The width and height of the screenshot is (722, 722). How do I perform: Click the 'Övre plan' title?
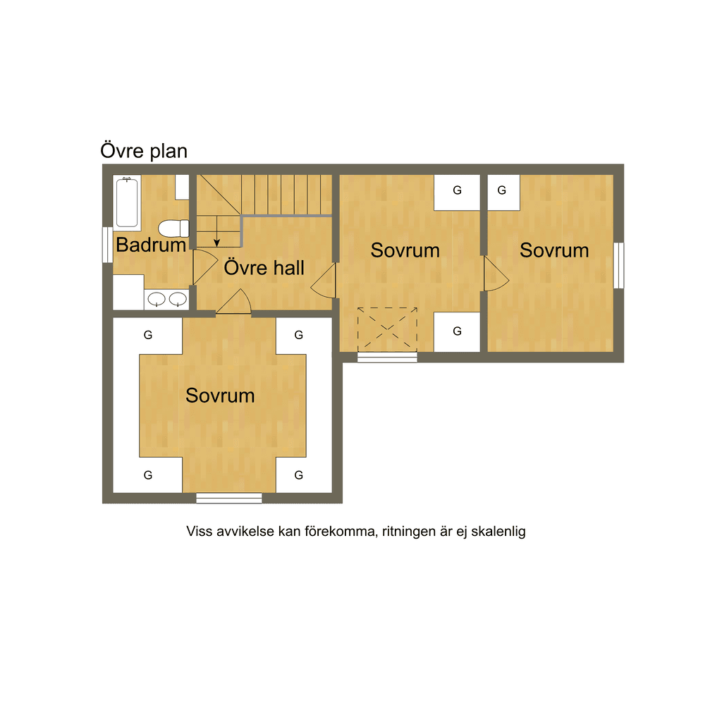pyautogui.click(x=144, y=151)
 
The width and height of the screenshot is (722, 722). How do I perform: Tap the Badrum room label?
pyautogui.click(x=151, y=245)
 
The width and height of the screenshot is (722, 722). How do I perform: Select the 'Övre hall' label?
pyautogui.click(x=264, y=267)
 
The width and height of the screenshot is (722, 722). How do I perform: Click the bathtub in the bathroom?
pyautogui.click(x=127, y=202)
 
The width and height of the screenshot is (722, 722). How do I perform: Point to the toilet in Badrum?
pyautogui.click(x=173, y=228)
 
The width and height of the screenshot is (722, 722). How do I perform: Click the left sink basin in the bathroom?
pyautogui.click(x=157, y=299)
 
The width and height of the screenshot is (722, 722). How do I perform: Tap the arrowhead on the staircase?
pyautogui.click(x=217, y=243)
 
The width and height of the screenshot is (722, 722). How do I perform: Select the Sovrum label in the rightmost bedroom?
pyautogui.click(x=554, y=250)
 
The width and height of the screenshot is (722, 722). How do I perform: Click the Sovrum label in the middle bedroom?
pyautogui.click(x=405, y=250)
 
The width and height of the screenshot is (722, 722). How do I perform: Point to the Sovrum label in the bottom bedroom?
pyautogui.click(x=220, y=396)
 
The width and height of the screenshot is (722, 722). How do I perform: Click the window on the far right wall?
pyautogui.click(x=618, y=265)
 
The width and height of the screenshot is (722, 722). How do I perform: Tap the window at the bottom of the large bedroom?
pyautogui.click(x=229, y=498)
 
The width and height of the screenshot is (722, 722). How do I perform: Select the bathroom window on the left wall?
pyautogui.click(x=107, y=245)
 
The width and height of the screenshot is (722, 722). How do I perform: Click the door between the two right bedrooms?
pyautogui.click(x=496, y=274)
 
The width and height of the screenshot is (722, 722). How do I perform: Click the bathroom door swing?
pyautogui.click(x=204, y=267)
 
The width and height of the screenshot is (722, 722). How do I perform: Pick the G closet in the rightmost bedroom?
pyautogui.click(x=503, y=192)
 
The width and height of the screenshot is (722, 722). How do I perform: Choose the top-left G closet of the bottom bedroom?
pyautogui.click(x=148, y=336)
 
